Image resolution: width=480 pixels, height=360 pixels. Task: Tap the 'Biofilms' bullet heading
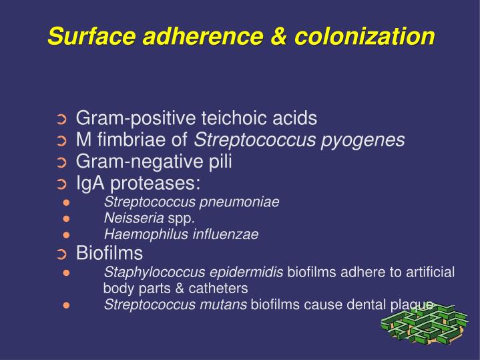click(109, 253)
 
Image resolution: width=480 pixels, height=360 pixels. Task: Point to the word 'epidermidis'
click(246, 272)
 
